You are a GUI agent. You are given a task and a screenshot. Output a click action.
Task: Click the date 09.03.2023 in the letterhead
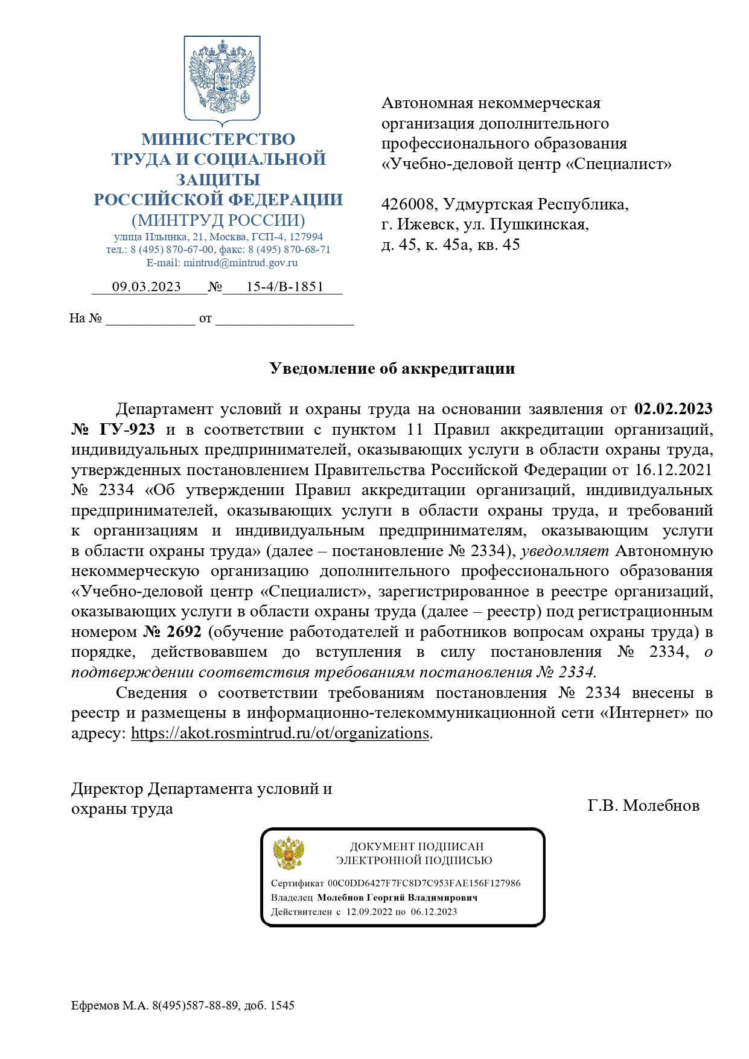[x=146, y=287]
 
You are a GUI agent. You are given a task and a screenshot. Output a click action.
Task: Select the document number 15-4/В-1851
[x=284, y=287]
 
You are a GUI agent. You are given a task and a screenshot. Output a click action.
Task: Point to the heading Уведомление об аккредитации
[x=392, y=369]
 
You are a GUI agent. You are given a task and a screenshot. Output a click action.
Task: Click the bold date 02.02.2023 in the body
[x=673, y=409]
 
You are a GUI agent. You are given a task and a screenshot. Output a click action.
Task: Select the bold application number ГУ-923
[x=127, y=430]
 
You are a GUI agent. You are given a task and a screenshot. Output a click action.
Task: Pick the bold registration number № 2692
[x=172, y=632]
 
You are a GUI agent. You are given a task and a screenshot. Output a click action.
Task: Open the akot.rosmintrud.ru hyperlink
[x=279, y=734]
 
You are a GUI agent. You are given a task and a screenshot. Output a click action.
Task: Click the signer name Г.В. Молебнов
[x=643, y=805]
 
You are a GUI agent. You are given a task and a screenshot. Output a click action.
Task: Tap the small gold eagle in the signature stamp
[x=288, y=854]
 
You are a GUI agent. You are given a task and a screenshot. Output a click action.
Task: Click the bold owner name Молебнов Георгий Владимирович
[x=397, y=898]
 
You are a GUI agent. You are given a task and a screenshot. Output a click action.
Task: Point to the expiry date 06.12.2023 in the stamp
[x=433, y=912]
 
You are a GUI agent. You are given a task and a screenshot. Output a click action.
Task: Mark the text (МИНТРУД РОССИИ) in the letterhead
[x=218, y=220]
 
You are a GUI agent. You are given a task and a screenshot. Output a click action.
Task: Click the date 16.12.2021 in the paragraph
[x=674, y=470]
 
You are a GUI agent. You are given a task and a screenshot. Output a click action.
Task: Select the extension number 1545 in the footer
[x=282, y=1006]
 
